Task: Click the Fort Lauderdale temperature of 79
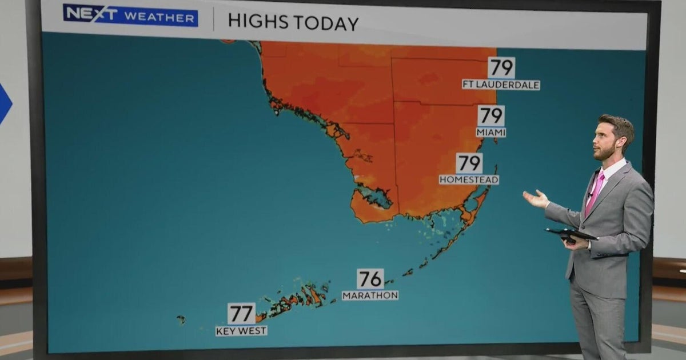[x=501, y=68]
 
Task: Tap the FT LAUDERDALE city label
[x=501, y=85]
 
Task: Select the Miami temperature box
[x=491, y=116]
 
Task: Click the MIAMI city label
[x=491, y=133]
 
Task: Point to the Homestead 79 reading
[x=469, y=163]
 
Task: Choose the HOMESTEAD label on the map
[x=469, y=180]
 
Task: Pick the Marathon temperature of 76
[x=370, y=279]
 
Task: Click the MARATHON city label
[x=370, y=295]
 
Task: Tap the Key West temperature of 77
[x=241, y=314]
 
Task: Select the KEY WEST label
[x=241, y=331]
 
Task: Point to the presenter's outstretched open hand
[x=536, y=198]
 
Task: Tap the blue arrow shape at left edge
[x=4, y=103]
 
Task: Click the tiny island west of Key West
[x=181, y=319]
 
